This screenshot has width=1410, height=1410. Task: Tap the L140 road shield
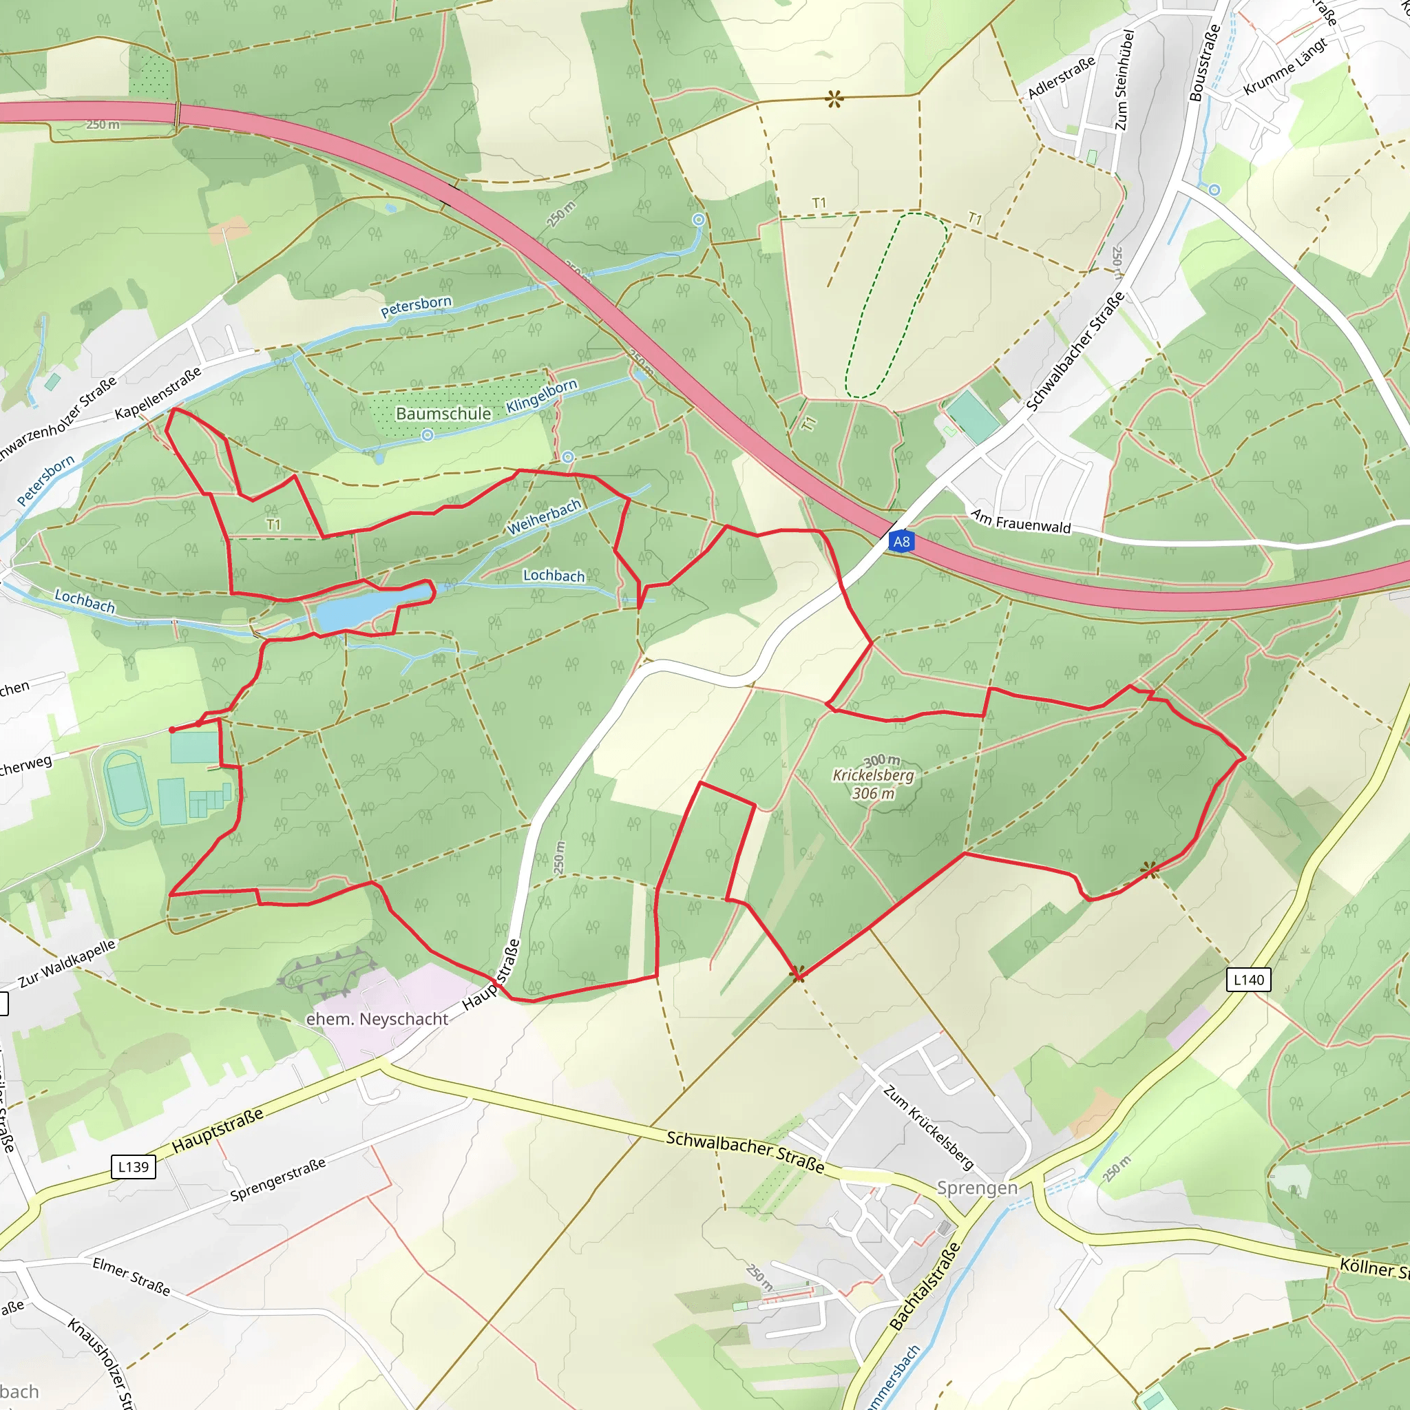point(1249,980)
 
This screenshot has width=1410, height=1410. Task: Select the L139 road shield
point(133,1166)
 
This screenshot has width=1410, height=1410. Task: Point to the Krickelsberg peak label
point(873,776)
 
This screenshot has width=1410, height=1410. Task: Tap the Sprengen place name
point(976,1188)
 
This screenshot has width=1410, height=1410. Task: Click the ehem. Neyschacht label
point(377,1019)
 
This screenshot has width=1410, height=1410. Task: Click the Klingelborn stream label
point(542,396)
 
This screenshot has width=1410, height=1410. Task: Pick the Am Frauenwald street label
point(1020,522)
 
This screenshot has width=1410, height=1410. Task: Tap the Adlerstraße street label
point(1061,77)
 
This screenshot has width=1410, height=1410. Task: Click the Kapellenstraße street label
point(158,394)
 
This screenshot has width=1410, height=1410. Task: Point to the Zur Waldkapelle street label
point(67,963)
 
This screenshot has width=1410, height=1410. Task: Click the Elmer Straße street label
point(131,1276)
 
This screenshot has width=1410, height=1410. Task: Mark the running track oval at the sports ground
point(126,788)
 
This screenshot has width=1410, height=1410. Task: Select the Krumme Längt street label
point(1285,66)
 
